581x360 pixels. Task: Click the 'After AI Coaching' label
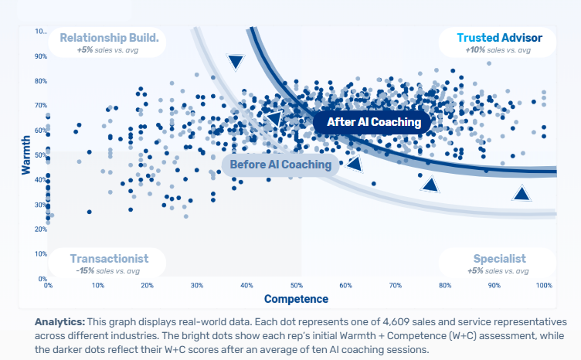(374, 122)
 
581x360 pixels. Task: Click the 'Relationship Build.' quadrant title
(109, 37)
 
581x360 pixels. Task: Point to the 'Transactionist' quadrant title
(106, 259)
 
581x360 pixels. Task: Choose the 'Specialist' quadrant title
(499, 259)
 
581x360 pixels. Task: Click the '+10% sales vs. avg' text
(498, 49)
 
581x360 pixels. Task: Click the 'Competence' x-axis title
(296, 299)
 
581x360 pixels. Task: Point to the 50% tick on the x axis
(296, 286)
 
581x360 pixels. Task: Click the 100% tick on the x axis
(544, 286)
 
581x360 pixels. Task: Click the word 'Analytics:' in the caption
(59, 321)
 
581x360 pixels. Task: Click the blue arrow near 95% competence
(523, 194)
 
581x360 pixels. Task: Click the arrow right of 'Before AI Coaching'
(354, 163)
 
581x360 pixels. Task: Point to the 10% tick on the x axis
(98, 286)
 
